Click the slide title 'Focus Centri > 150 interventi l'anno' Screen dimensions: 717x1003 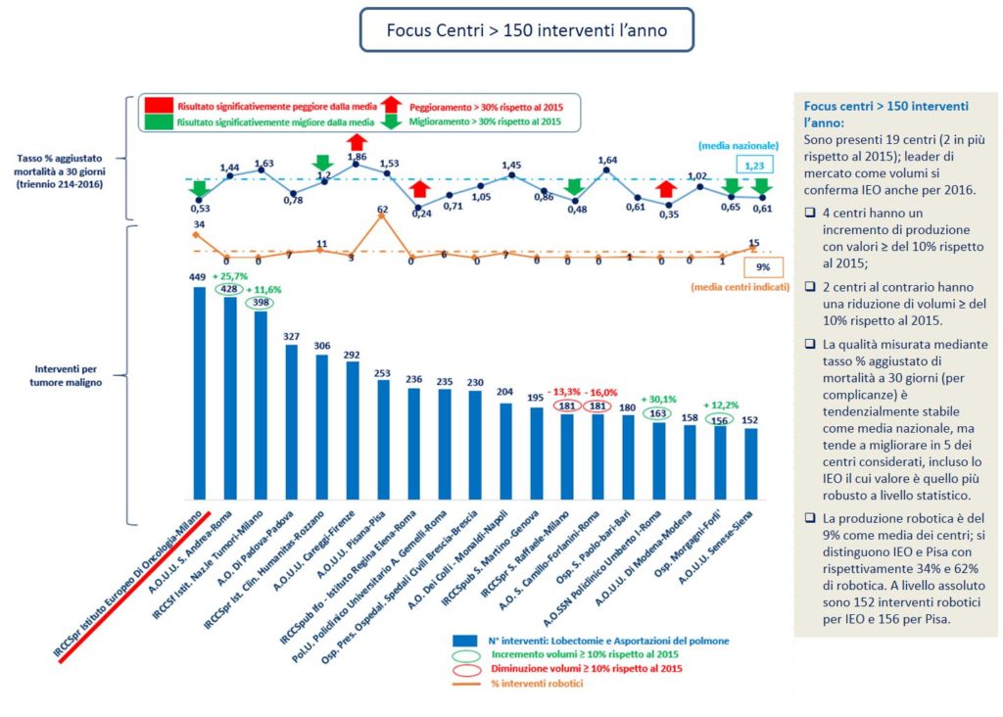click(527, 30)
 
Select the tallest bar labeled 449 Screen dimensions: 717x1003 click(199, 392)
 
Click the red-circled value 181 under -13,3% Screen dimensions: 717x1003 click(565, 407)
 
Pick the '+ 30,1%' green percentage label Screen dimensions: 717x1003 click(660, 399)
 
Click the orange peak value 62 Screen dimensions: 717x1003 click(382, 209)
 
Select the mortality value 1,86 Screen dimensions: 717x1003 click(357, 157)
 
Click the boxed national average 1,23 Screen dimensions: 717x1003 click(752, 167)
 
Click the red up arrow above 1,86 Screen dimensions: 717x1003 click(357, 141)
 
